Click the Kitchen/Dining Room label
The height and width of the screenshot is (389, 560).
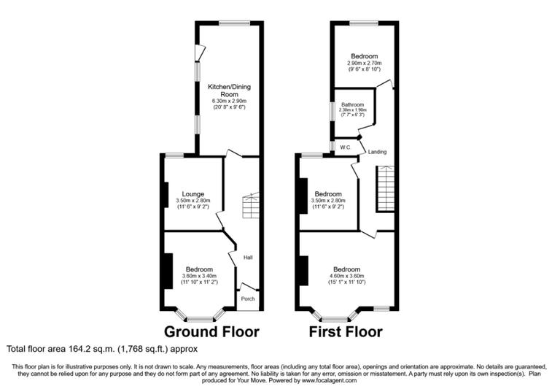(229, 90)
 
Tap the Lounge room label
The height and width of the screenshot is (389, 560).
(192, 193)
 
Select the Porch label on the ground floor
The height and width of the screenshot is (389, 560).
(248, 298)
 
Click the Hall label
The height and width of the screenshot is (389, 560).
(248, 257)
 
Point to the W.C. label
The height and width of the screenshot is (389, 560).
(346, 147)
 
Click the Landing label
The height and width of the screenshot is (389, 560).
(377, 152)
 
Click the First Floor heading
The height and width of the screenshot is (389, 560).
(346, 332)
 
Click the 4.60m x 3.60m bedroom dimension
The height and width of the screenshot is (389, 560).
(346, 276)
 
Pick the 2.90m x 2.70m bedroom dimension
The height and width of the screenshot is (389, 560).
(363, 63)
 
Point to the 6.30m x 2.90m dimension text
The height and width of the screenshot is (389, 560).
(229, 101)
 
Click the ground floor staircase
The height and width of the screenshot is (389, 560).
(250, 205)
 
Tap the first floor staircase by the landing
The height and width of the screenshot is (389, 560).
(386, 188)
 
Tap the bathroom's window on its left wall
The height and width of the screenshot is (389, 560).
(332, 111)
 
